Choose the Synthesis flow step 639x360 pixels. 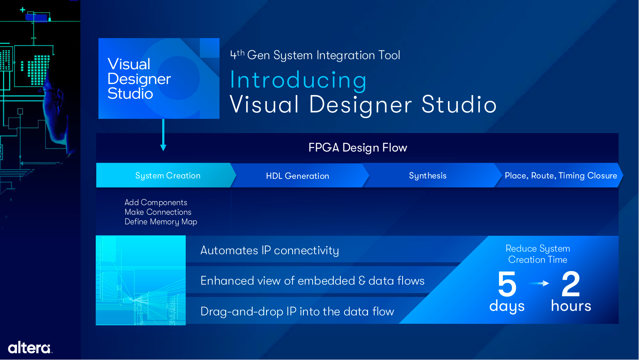point(428,175)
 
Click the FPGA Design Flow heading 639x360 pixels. point(358,148)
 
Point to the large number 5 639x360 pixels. point(507,284)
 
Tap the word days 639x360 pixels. point(507,307)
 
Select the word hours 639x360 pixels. point(571,305)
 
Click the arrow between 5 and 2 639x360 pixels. point(539,283)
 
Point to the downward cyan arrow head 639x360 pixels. point(163,147)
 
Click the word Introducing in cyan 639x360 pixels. point(298,80)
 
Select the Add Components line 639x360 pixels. point(156,202)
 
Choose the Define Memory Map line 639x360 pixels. point(161,222)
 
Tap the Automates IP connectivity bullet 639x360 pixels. point(270,250)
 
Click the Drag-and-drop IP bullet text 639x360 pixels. point(297,312)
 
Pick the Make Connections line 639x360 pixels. point(158,212)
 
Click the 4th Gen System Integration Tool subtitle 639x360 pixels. point(315,55)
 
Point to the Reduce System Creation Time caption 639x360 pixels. point(538,254)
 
